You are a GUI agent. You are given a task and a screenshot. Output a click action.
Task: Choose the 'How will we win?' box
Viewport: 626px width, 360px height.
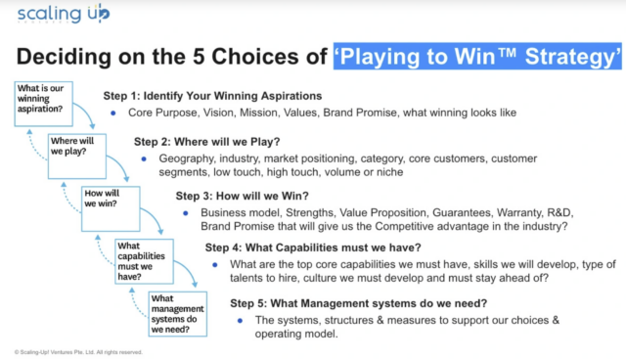coord(106,200)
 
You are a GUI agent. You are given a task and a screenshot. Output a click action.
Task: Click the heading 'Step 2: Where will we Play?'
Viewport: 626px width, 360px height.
coord(207,142)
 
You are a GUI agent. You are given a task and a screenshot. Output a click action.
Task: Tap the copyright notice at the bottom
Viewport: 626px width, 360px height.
coord(78,351)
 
